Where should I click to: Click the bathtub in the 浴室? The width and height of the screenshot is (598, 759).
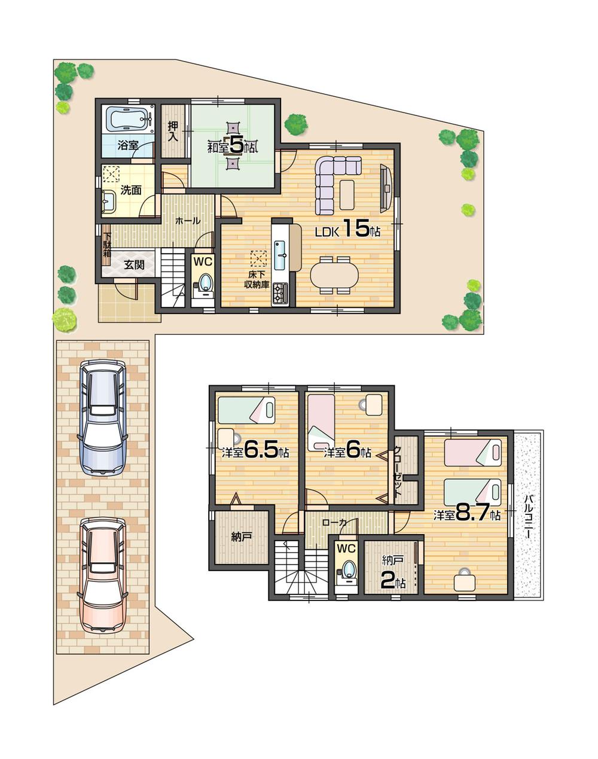coord(128,119)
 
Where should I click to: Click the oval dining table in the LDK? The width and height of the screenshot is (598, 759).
coord(334,275)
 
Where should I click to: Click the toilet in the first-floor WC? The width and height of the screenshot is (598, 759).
coord(205,282)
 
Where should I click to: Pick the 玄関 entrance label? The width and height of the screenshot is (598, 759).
coord(133,265)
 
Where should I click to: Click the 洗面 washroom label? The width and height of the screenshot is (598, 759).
coord(131,190)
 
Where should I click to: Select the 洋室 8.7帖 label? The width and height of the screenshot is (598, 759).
coord(467,514)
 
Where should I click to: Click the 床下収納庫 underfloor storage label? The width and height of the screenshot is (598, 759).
coord(258,279)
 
